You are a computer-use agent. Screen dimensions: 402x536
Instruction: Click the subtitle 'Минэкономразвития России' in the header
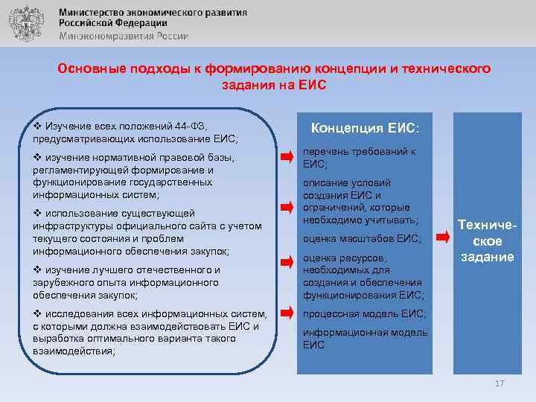coord(124,36)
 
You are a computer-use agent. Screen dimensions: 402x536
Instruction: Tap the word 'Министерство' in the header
coord(89,13)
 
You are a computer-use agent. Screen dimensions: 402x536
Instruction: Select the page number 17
coord(499,383)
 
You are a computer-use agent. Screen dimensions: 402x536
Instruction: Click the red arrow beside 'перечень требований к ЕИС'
coord(287,157)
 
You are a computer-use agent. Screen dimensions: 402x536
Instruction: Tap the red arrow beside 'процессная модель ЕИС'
coord(287,313)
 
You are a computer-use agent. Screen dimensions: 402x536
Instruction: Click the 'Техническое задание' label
coord(485,240)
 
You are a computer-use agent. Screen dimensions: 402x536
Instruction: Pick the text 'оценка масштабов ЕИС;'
coord(362,239)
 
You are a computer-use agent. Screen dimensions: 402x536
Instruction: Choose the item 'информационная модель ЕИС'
coord(364,338)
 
